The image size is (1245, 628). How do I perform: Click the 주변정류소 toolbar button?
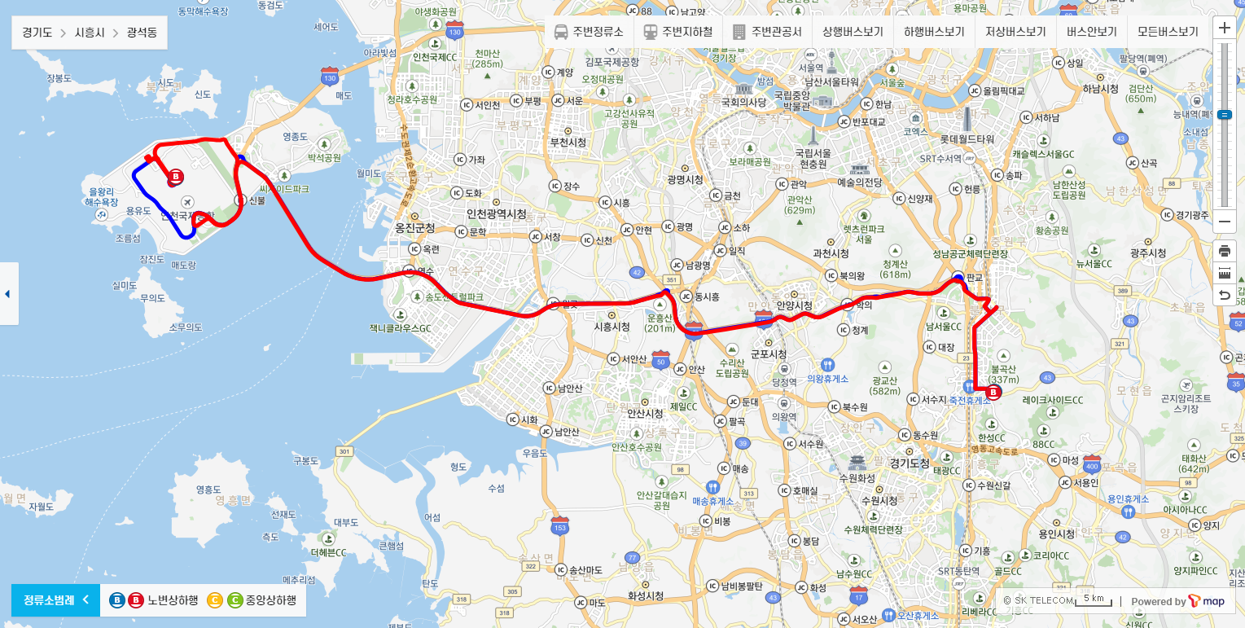tap(589, 33)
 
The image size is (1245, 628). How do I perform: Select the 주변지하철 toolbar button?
tap(677, 33)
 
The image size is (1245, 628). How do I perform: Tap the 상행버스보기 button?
tap(853, 33)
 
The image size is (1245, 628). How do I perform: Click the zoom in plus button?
tap(1224, 28)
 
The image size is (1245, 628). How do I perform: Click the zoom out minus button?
tap(1224, 222)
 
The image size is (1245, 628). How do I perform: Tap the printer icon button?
tap(1224, 251)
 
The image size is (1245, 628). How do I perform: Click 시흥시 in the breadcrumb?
tap(90, 33)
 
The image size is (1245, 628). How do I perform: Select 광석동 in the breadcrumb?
tap(142, 33)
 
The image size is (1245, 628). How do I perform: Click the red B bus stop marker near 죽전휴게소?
tap(993, 393)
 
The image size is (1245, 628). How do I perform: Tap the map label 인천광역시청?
tap(496, 214)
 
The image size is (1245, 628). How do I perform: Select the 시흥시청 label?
tap(612, 327)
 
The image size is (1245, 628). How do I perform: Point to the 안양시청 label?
tap(794, 305)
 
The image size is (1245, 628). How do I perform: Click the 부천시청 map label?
tap(568, 142)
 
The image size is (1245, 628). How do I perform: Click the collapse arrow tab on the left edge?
tap(8, 293)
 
